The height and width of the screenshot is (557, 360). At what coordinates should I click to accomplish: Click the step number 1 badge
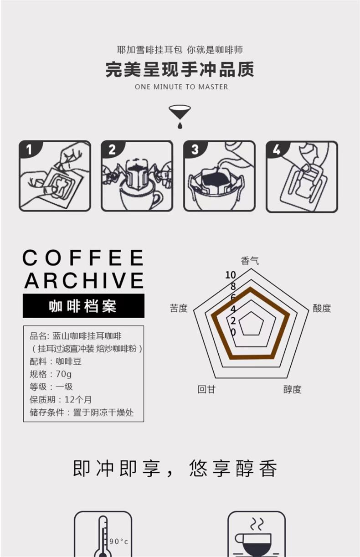click(29, 149)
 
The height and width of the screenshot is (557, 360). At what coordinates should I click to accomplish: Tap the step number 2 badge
click(112, 150)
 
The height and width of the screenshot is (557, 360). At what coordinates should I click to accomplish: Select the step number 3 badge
click(195, 150)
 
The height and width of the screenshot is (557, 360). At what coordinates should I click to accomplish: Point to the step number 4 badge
click(277, 150)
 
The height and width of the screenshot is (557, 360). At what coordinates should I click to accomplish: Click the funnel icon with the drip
click(180, 116)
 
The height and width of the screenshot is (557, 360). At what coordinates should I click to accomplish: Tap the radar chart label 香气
click(250, 261)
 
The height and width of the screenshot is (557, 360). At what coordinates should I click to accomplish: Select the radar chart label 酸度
click(322, 308)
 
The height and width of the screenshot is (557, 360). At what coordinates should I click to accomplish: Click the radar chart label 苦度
click(179, 308)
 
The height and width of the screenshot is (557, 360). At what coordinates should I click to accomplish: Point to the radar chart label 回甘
click(206, 389)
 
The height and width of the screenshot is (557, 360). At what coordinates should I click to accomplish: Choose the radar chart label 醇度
click(293, 389)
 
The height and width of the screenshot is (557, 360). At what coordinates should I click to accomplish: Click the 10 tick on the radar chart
click(231, 275)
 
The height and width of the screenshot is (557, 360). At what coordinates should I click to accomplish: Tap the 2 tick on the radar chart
click(233, 321)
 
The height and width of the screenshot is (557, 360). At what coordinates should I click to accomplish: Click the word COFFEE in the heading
click(83, 258)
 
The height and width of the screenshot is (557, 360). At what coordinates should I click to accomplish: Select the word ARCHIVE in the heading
click(84, 280)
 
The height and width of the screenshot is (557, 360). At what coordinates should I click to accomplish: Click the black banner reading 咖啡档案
click(83, 305)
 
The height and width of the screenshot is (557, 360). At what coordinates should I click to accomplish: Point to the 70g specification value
click(64, 374)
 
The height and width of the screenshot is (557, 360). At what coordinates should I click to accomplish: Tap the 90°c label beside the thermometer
click(118, 542)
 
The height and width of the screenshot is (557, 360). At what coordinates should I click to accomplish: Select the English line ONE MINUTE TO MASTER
click(181, 87)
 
